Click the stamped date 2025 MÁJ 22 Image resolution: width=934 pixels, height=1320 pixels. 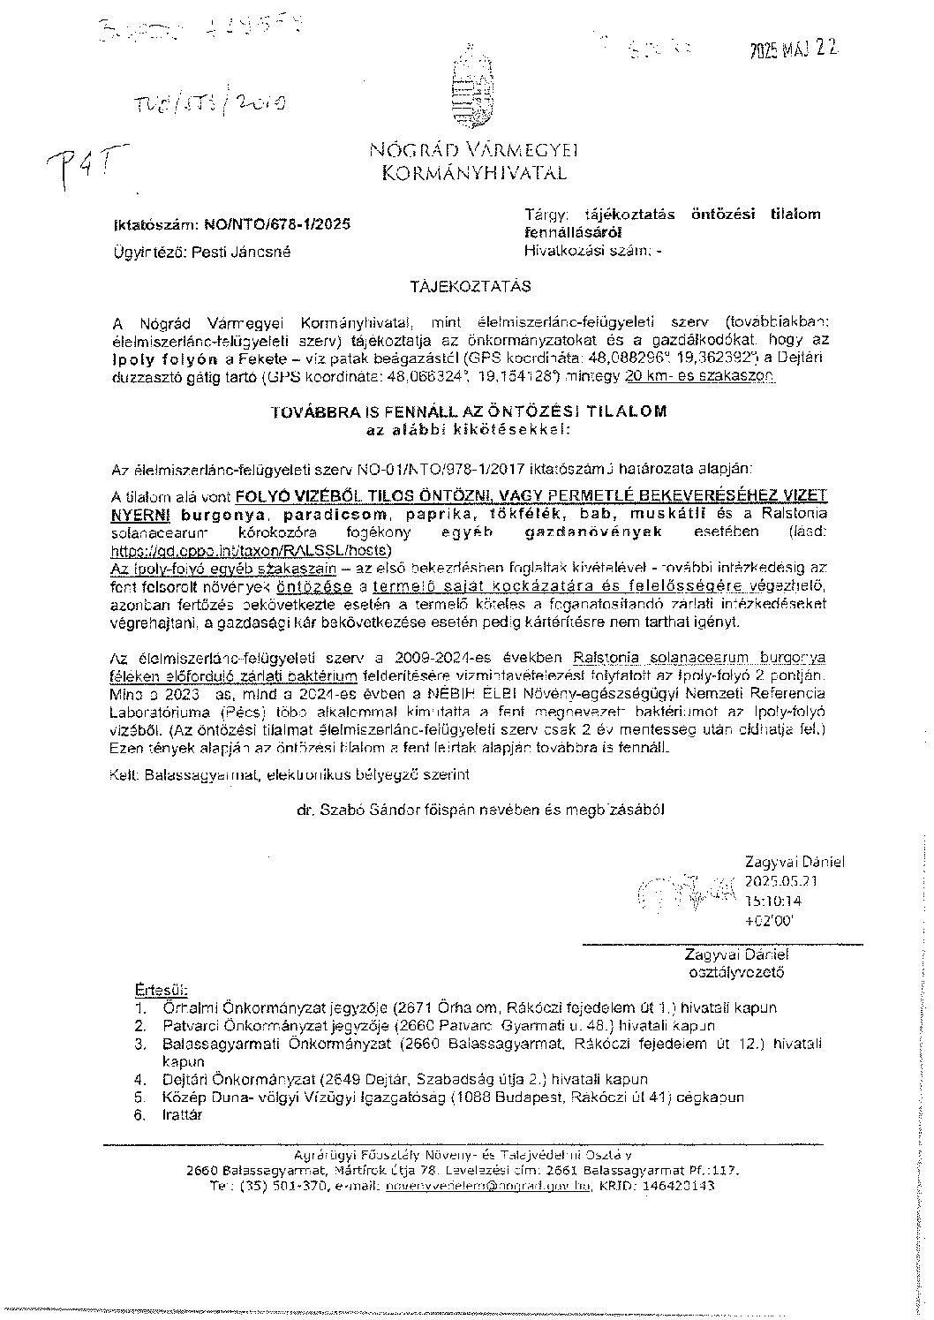point(789,50)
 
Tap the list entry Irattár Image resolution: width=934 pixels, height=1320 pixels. point(183,1115)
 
